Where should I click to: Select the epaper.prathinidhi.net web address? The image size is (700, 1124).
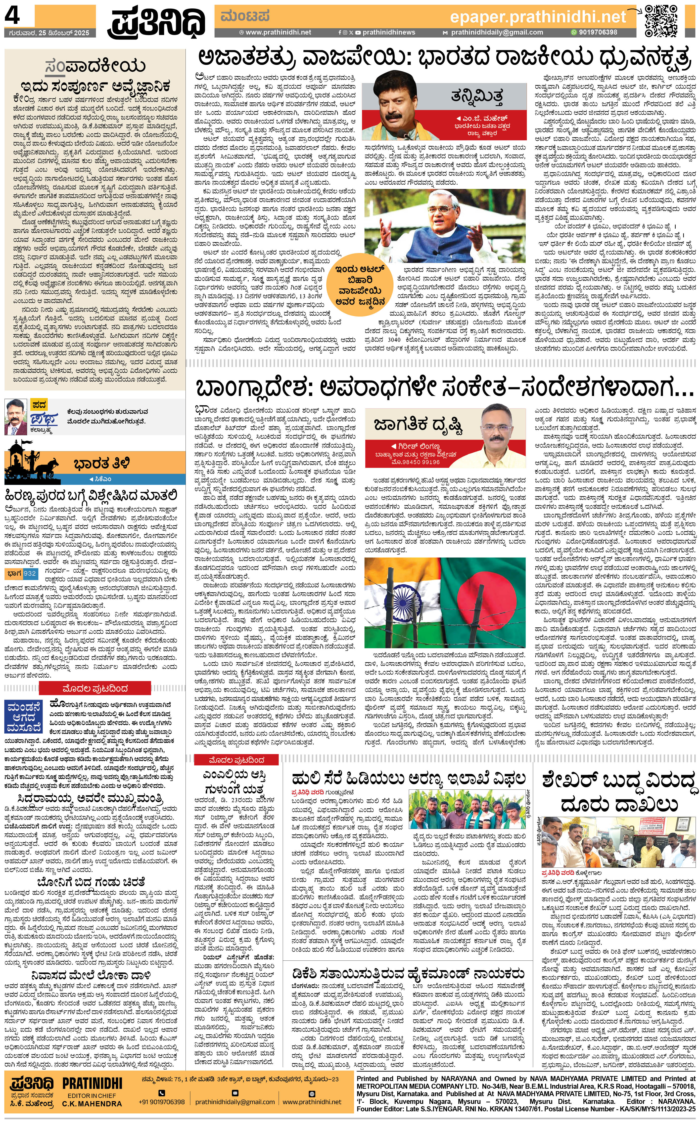538,17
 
